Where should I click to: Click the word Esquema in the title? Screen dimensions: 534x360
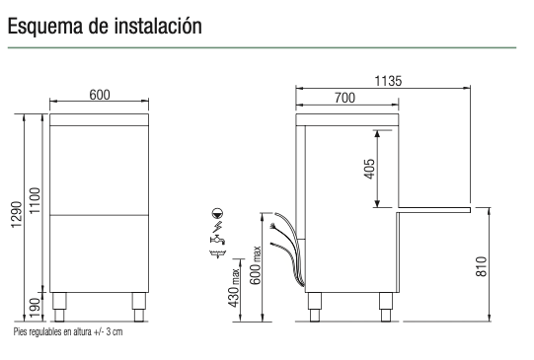[x=45, y=27]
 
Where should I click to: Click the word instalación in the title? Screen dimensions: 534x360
[x=158, y=26]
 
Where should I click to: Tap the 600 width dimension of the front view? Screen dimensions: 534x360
[x=100, y=95]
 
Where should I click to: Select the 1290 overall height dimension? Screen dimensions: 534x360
[x=17, y=215]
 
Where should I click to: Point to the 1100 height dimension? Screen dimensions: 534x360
[x=35, y=201]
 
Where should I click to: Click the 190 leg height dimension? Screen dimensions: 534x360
[x=35, y=308]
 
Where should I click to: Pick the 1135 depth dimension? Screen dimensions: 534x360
[x=388, y=81]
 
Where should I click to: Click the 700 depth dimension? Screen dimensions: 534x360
[x=344, y=98]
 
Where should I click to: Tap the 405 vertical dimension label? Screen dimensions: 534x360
[x=369, y=169]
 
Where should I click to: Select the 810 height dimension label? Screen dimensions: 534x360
[x=482, y=266]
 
